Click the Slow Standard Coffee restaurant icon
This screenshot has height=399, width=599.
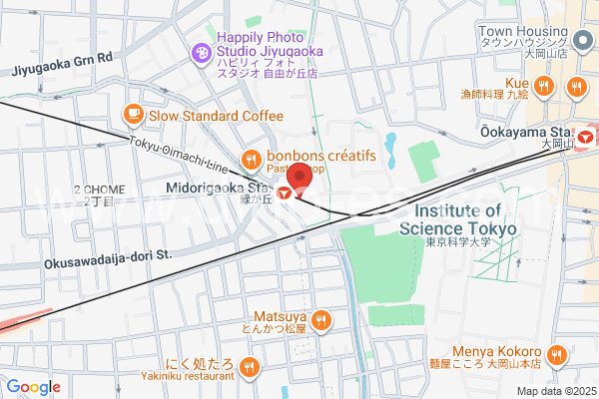pyautogui.click(x=132, y=116)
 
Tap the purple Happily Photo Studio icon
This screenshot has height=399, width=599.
pyautogui.click(x=201, y=51)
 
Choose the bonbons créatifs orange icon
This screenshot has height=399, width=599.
pyautogui.click(x=251, y=157)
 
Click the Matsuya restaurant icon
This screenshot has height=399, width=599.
pyautogui.click(x=320, y=320)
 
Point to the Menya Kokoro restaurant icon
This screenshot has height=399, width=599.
pyautogui.click(x=557, y=353)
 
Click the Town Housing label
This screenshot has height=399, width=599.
pyautogui.click(x=522, y=32)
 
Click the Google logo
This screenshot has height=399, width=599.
pyautogui.click(x=33, y=387)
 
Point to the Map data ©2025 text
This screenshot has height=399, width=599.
pyautogui.click(x=554, y=390)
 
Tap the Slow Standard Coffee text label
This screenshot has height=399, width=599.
pyautogui.click(x=216, y=116)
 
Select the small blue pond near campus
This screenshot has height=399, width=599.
pyautogui.click(x=390, y=150)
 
